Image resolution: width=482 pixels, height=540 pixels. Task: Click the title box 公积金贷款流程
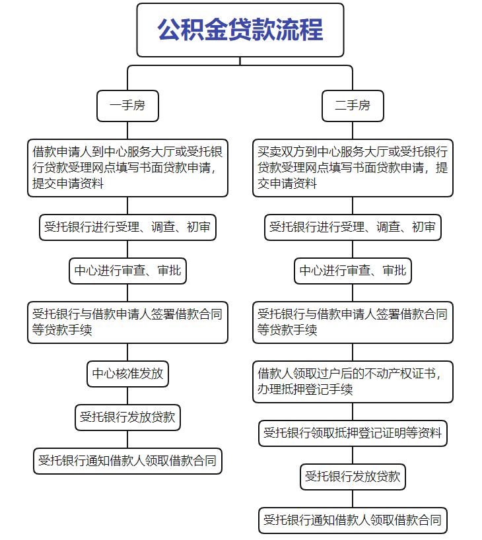point(240,30)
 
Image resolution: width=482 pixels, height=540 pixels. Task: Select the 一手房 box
point(127,106)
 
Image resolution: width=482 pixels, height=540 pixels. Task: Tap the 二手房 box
point(352,106)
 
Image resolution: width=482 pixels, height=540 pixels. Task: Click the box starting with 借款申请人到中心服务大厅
point(127,168)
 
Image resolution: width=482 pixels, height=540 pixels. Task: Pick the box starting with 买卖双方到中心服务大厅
point(352,168)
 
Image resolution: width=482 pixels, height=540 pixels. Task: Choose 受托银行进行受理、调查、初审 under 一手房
point(127,228)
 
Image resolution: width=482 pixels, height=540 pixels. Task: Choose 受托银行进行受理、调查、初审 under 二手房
point(352,228)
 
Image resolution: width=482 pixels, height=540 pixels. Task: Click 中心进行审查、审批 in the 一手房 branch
point(127,270)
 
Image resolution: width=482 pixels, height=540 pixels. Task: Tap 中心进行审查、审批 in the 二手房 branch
point(352,270)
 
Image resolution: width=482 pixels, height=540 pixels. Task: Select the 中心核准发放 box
point(127,374)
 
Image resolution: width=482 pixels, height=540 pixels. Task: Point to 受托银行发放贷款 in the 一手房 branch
point(127,417)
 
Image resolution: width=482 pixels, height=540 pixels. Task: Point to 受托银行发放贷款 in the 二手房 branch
point(352,477)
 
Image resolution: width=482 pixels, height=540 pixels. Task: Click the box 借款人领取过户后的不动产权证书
point(352,382)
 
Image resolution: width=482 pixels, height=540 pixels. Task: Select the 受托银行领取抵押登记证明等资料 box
point(352,433)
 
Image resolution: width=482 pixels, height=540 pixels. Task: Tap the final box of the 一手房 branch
point(127,461)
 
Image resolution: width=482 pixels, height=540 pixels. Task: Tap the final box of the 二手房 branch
point(352,520)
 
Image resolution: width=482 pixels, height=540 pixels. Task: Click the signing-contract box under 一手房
point(127,321)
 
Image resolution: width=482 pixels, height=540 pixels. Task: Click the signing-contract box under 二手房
point(352,321)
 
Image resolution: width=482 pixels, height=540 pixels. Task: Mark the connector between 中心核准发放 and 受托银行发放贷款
point(127,395)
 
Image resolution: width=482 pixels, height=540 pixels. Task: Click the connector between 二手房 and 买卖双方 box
point(352,130)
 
